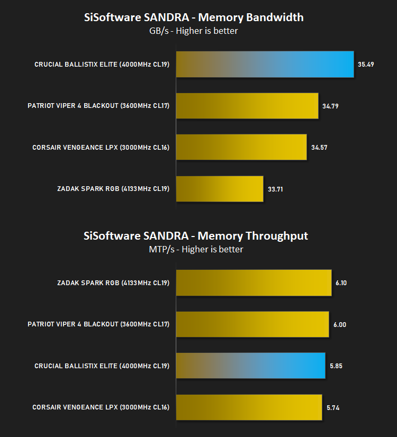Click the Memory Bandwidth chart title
point(194,17)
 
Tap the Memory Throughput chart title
point(196,236)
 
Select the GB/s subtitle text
point(194,31)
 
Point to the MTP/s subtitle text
point(196,249)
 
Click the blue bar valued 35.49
point(265,65)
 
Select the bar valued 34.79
point(247,106)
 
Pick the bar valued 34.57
point(241,147)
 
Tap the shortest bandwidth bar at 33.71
point(220,189)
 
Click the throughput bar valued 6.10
point(254,283)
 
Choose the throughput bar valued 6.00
point(252,324)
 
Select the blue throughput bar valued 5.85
point(250,366)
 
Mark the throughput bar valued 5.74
point(249,407)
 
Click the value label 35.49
point(366,65)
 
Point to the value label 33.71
point(275,189)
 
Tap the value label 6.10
point(341,283)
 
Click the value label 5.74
point(333,408)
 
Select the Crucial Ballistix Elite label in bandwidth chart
point(102,65)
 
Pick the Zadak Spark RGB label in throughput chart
point(113,283)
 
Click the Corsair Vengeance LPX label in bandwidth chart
point(101,148)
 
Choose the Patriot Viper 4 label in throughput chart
point(98,324)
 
